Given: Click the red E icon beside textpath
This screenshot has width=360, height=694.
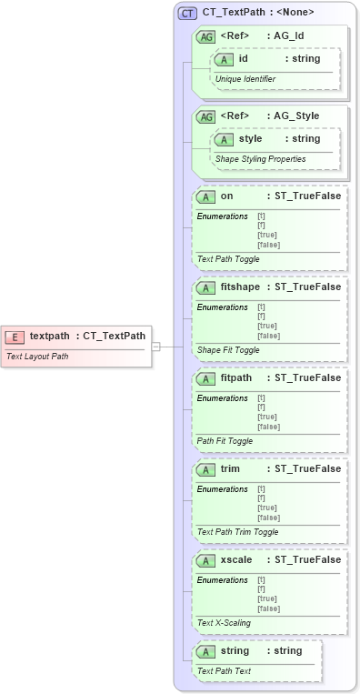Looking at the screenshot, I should [15, 337].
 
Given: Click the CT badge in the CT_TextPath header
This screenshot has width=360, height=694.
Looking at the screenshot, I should [188, 14].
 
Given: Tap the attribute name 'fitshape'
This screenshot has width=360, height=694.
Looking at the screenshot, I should [239, 287].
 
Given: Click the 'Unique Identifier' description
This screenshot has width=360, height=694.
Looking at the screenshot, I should [245, 79].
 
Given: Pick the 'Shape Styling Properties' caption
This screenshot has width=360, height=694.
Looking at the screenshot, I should [260, 158].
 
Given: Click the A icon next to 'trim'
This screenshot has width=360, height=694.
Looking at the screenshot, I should [206, 468].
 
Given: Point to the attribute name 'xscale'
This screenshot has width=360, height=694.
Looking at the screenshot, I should [236, 559].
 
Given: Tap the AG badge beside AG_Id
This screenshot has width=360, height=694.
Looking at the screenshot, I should [206, 36].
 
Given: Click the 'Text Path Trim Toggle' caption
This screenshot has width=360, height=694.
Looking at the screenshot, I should [238, 532].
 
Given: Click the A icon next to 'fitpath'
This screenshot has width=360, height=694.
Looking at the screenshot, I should [206, 377].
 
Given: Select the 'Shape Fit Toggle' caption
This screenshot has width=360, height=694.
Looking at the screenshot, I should [229, 350].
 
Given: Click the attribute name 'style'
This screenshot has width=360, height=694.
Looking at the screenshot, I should [250, 138].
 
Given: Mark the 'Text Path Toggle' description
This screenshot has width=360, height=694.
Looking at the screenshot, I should [229, 259].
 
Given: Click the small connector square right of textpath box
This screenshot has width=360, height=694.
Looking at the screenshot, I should [155, 346].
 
